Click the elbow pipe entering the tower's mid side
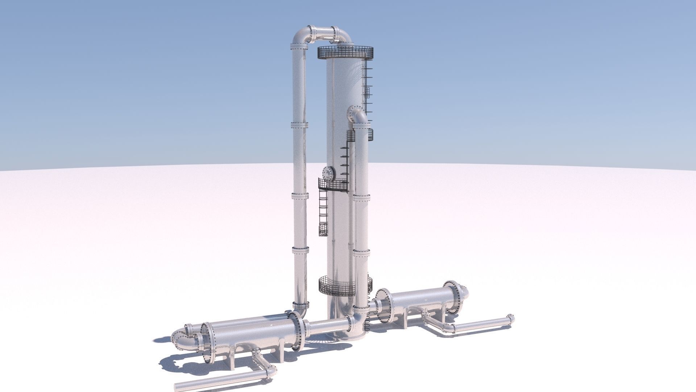pyautogui.click(x=359, y=117)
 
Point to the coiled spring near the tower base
pyautogui.click(x=366, y=322)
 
